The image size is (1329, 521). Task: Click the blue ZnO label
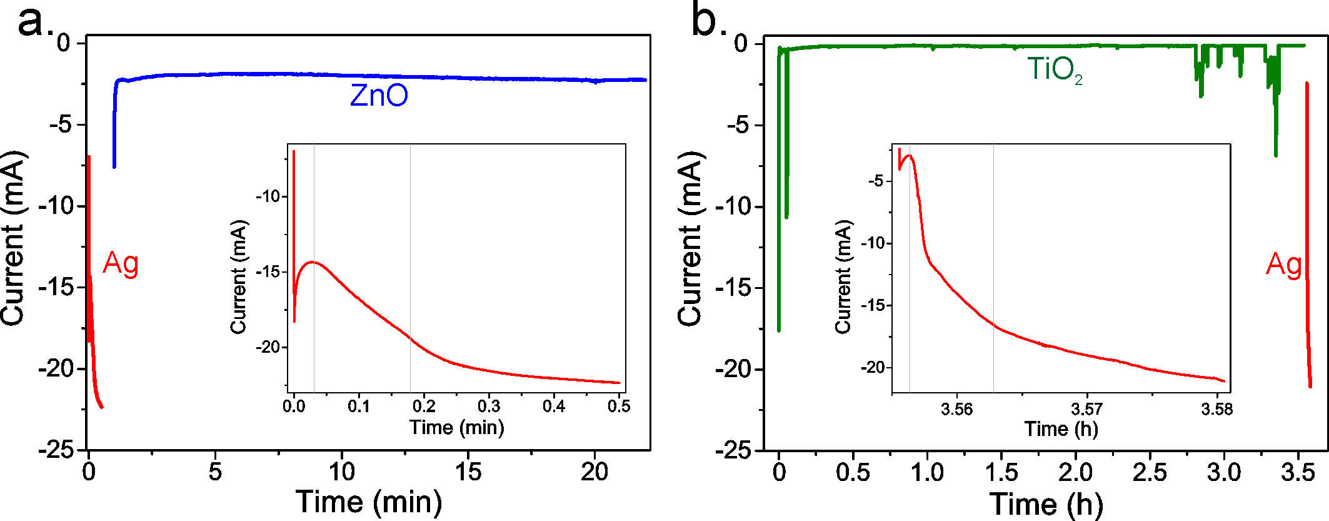(x=379, y=96)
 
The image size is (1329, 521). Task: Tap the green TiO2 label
(x=1055, y=69)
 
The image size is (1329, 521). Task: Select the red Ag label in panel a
(x=121, y=263)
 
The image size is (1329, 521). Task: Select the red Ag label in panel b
(x=1283, y=265)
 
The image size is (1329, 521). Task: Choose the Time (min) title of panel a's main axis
(x=369, y=502)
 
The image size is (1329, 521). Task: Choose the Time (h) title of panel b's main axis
(x=1046, y=503)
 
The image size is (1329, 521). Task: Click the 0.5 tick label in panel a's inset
(x=619, y=407)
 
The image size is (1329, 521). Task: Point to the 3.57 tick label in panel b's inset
(x=1087, y=409)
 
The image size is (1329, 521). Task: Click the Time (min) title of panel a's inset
(x=456, y=428)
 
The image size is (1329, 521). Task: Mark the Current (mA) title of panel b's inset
(x=843, y=276)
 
